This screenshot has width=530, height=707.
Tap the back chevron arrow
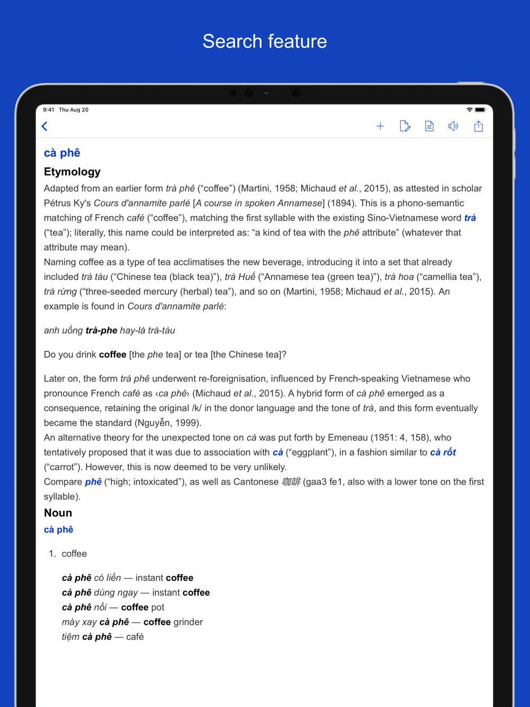tap(45, 126)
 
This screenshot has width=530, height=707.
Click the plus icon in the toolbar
tap(380, 126)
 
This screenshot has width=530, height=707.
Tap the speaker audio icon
tap(453, 126)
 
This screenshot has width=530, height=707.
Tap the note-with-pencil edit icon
tap(405, 126)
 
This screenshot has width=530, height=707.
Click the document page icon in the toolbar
tap(429, 126)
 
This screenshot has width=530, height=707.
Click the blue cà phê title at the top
tap(62, 153)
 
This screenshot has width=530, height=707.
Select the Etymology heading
tap(72, 172)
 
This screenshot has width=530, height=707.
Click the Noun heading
tap(58, 513)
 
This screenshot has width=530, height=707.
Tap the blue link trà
tap(470, 218)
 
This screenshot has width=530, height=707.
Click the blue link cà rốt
tap(443, 453)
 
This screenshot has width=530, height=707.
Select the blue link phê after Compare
tap(93, 482)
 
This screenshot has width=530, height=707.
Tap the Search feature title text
tap(265, 41)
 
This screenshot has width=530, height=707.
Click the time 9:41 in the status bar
tap(49, 110)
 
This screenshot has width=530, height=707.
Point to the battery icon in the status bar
tap(480, 110)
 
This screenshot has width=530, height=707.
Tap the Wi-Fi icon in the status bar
tap(469, 110)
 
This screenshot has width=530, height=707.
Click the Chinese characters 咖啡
tap(291, 482)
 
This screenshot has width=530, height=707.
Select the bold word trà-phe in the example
tap(101, 331)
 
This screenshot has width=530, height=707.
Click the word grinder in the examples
tap(188, 622)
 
